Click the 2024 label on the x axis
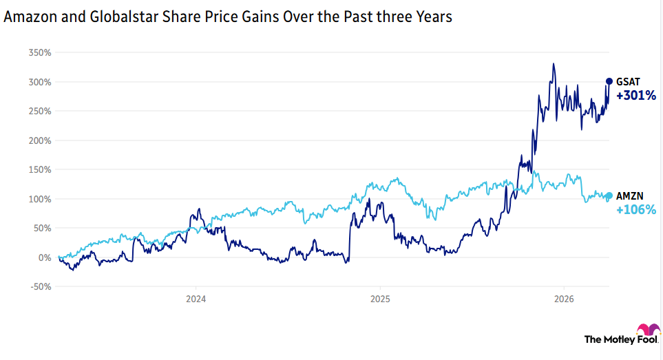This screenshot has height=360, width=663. pos(196,299)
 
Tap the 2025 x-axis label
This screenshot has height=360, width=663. pos(380,299)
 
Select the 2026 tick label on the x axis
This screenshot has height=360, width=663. pos(564,299)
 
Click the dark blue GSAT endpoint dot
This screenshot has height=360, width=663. pos(609,81)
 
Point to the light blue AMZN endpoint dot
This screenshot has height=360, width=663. pos(609,195)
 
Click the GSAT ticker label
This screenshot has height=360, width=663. pos(629,82)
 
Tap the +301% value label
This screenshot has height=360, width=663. pos(636,96)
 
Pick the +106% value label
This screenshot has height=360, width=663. pos(636,210)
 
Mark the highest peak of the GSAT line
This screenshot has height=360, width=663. pos(554,64)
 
